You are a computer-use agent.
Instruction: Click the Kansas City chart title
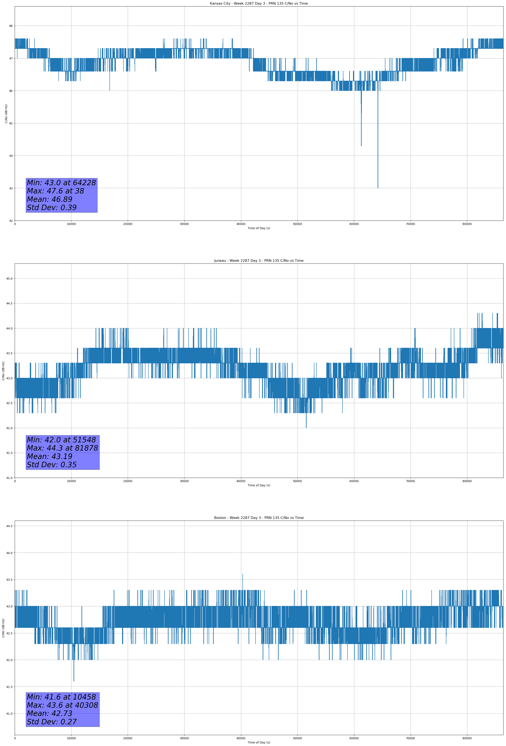pos(259,4)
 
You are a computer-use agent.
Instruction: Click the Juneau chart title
pos(259,261)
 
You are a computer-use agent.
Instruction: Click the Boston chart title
pos(259,518)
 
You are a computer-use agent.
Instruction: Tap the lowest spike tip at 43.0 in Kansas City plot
pos(378,188)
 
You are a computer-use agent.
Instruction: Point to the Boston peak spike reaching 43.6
pos(242,574)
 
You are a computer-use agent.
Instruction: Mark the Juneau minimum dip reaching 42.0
pos(306,428)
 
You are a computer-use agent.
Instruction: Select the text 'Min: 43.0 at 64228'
pos(61,183)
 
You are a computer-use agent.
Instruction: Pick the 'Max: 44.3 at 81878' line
pos(62,448)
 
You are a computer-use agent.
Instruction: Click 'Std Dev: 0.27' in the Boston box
pos(52,722)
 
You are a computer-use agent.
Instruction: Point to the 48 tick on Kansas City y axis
pos(11,26)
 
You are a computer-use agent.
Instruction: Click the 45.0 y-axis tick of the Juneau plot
pos(9,279)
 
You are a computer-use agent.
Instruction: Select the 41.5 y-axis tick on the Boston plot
pos(9,687)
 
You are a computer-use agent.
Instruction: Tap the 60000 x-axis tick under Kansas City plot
pos(354,224)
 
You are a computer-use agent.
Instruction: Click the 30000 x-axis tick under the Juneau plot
pos(184,481)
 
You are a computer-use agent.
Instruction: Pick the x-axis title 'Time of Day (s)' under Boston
pos(259,742)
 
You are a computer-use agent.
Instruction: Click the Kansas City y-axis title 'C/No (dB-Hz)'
pos(6,114)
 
